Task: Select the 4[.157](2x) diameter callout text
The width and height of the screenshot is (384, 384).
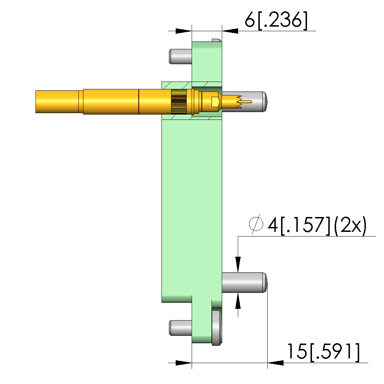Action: coord(317,226)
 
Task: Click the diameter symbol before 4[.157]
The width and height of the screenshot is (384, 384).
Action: coord(256,224)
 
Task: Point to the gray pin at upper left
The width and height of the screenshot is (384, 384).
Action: coord(180,56)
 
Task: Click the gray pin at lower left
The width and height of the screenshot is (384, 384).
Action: coord(180,328)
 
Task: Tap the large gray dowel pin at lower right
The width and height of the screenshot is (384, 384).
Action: coord(244,282)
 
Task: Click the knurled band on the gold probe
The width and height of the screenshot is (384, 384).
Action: coord(179,102)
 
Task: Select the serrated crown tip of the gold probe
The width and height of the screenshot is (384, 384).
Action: coord(232,102)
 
